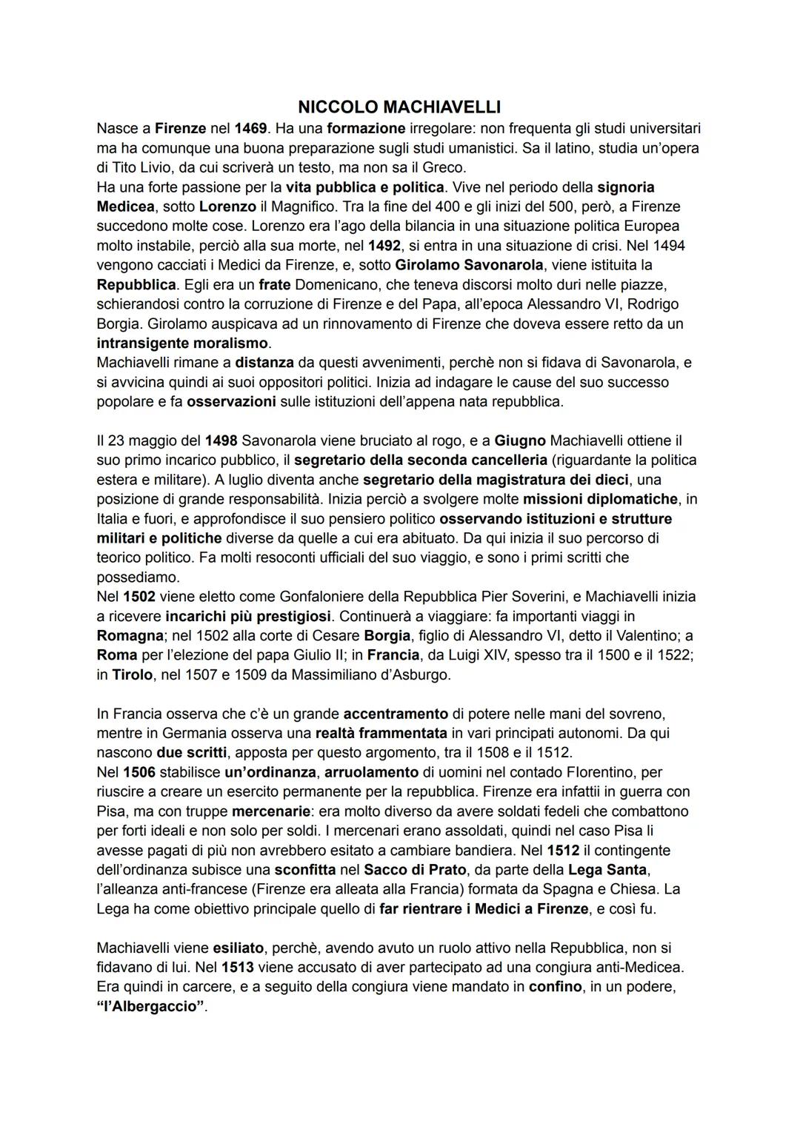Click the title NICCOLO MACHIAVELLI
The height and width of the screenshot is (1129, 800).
tap(399, 107)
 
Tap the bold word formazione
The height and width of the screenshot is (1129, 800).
tap(366, 128)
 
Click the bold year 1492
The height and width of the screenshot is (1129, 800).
tap(384, 245)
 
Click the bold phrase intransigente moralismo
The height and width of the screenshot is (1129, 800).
tap(183, 343)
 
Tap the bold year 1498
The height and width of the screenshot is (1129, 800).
tap(221, 440)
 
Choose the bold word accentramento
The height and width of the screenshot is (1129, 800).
tap(396, 714)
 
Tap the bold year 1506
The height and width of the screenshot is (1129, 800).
tap(139, 772)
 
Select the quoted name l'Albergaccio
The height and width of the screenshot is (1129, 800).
tap(151, 1007)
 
